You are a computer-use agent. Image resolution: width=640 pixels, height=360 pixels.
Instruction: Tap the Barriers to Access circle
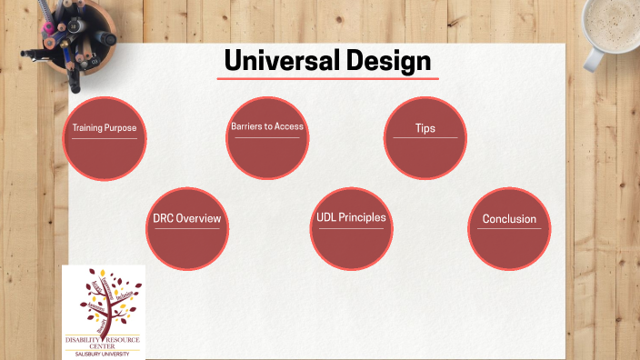pyautogui.click(x=266, y=137)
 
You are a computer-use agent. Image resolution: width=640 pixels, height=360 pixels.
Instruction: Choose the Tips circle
pyautogui.click(x=425, y=138)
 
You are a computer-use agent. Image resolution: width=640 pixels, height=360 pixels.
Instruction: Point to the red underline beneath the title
pyautogui.click(x=327, y=79)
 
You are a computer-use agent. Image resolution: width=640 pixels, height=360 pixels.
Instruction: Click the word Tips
pyautogui.click(x=425, y=128)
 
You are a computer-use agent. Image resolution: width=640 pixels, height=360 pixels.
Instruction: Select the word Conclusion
pyautogui.click(x=509, y=219)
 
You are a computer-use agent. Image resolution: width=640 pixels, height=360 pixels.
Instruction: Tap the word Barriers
pyautogui.click(x=246, y=126)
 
